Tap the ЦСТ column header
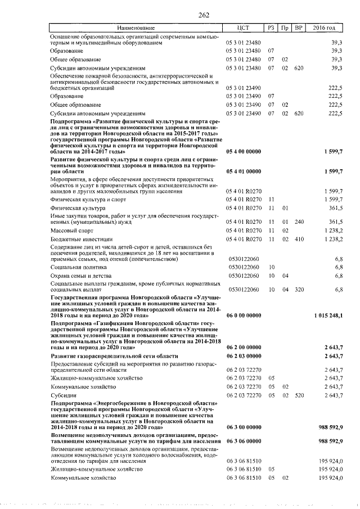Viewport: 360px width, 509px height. point(244,28)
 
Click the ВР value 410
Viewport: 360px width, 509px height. point(299,239)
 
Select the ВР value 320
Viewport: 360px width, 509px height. point(299,289)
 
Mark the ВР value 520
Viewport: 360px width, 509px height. point(299,395)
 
